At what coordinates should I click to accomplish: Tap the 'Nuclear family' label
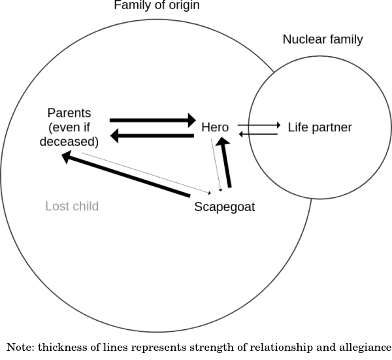point(322,40)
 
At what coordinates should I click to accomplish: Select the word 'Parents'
point(69,113)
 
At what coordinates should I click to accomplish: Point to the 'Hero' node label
point(215,127)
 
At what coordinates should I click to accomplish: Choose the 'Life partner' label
point(319,127)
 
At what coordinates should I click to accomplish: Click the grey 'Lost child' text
point(72,206)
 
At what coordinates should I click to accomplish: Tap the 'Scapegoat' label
point(225,207)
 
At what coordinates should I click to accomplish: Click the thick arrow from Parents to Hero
point(152,120)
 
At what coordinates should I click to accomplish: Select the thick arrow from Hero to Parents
point(152,136)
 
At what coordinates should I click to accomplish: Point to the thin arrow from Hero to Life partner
point(259,124)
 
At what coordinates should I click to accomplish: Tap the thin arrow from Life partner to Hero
point(259,134)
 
